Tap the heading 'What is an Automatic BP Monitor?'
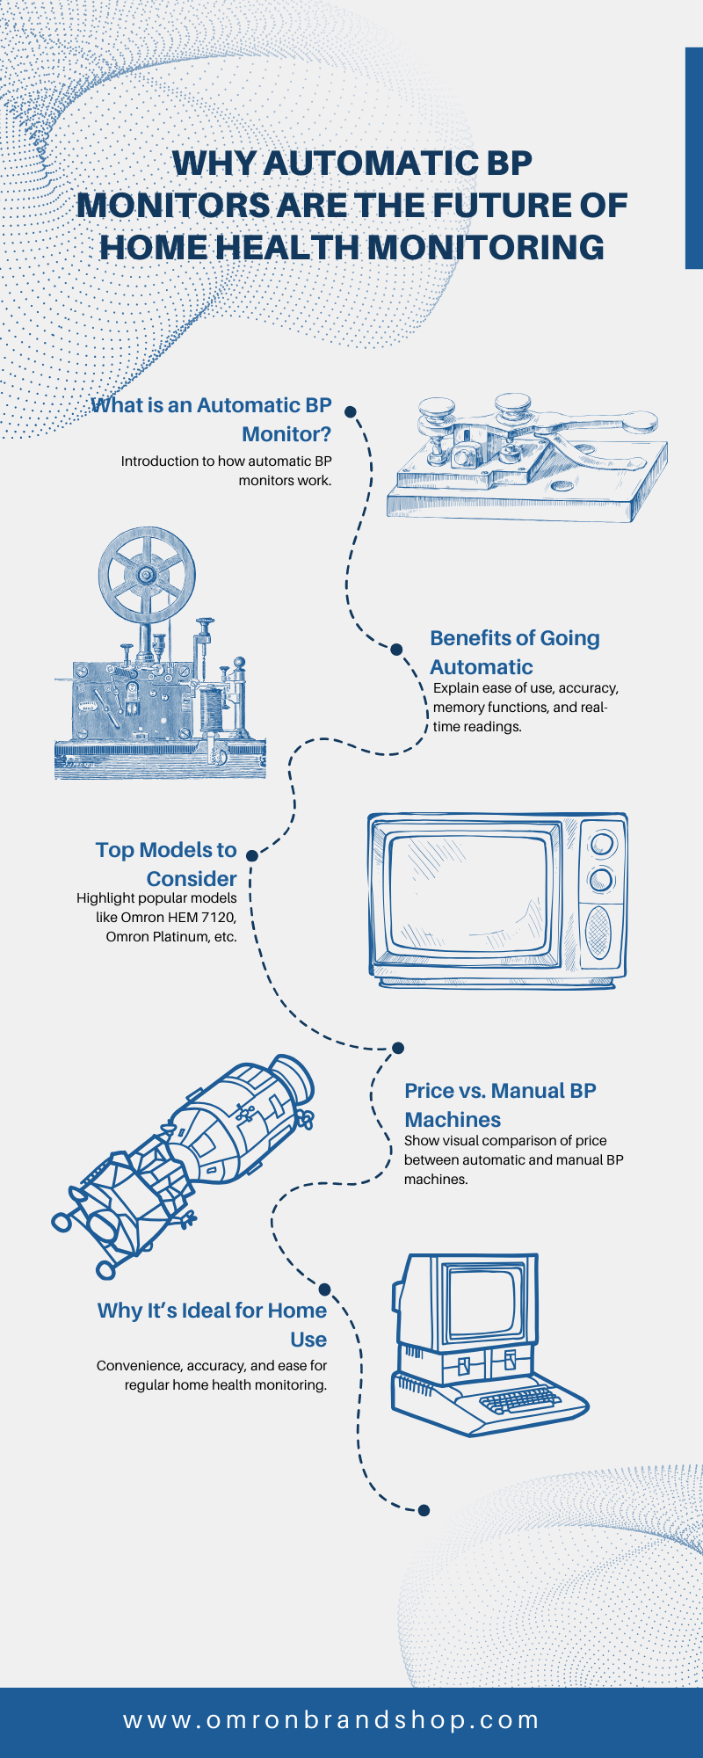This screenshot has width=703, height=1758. click(x=212, y=419)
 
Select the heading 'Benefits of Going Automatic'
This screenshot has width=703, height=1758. click(x=514, y=652)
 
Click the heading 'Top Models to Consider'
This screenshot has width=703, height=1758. click(x=167, y=864)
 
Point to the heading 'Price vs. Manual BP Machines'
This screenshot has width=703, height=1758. click(x=500, y=1105)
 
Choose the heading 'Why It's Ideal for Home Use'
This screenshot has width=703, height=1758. click(x=213, y=1325)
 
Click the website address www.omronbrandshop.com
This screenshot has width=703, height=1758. click(x=331, y=1720)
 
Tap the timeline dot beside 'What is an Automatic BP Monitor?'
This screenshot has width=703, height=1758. click(x=350, y=411)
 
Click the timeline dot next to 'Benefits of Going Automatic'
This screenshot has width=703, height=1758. click(x=396, y=650)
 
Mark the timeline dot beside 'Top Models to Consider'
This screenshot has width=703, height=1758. click(x=252, y=855)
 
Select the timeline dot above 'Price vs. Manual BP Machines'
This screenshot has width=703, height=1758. click(x=397, y=1048)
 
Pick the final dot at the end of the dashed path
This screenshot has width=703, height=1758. click(x=424, y=1510)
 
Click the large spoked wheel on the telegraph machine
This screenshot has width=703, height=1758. click(x=147, y=576)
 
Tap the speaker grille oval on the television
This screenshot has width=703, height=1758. click(x=598, y=932)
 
